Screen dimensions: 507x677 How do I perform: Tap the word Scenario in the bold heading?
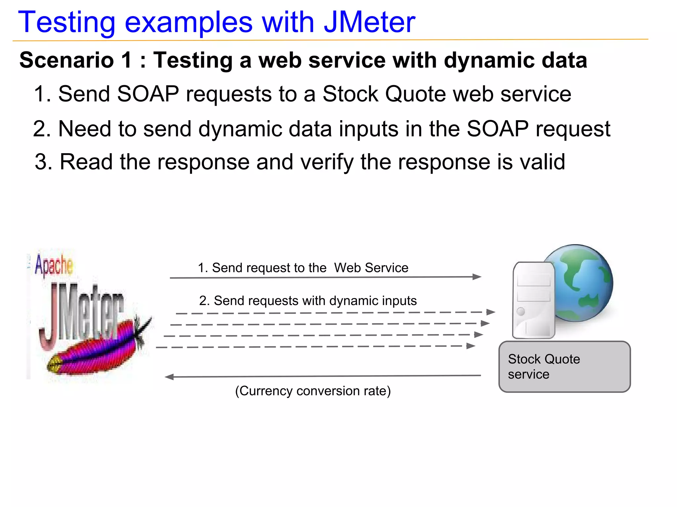pos(66,60)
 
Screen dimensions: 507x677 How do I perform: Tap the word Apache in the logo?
pos(54,265)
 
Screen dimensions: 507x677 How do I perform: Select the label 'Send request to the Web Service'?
pos(303,268)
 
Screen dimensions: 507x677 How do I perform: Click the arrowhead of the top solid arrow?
pos(477,277)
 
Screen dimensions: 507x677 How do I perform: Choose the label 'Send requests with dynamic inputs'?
pos(308,301)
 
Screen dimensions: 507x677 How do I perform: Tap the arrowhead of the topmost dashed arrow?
pos(491,312)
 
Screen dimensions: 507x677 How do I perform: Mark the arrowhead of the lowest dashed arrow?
pos(471,346)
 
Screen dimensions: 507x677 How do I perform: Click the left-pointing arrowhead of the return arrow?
pos(169,377)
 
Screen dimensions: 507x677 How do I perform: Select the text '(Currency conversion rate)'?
pos(313,391)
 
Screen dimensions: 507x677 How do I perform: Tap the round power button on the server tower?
pos(521,311)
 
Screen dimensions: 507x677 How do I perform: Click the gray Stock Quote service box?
pos(564,367)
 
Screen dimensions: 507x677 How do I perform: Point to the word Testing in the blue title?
pos(66,22)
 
